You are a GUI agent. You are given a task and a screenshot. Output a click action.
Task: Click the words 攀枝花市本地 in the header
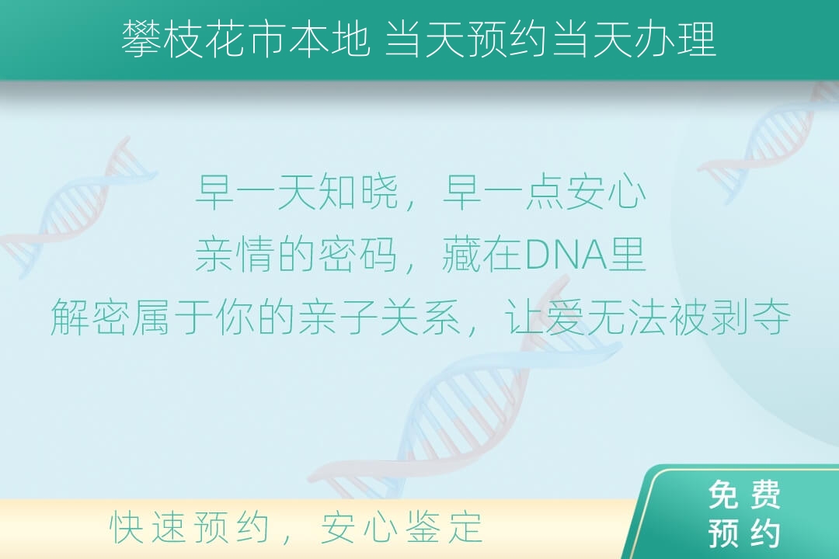tap(245, 40)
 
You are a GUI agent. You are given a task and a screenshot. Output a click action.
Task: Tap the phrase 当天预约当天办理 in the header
tap(551, 40)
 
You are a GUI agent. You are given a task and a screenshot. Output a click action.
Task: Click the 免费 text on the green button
tap(744, 495)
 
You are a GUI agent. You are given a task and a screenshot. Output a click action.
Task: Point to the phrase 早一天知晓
tap(297, 192)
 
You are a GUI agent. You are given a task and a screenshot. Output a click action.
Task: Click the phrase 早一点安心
tap(544, 192)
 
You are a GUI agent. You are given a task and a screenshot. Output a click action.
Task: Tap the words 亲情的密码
tap(297, 255)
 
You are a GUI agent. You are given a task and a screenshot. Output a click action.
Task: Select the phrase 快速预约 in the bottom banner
tap(190, 527)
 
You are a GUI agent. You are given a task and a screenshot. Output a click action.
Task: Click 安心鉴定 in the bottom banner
tap(402, 527)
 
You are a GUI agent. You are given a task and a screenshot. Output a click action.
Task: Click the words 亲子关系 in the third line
tap(380, 318)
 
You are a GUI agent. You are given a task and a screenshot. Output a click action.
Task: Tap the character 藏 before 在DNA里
tap(461, 255)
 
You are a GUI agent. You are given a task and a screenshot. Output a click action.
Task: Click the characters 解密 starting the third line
tap(91, 318)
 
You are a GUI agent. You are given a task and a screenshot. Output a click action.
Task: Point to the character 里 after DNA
tap(627, 255)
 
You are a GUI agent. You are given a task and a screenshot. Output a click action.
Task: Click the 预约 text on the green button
tap(744, 533)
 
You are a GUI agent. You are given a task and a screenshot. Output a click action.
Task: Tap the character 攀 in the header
tap(141, 40)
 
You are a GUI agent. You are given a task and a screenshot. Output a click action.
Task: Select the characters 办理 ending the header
tap(676, 40)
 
